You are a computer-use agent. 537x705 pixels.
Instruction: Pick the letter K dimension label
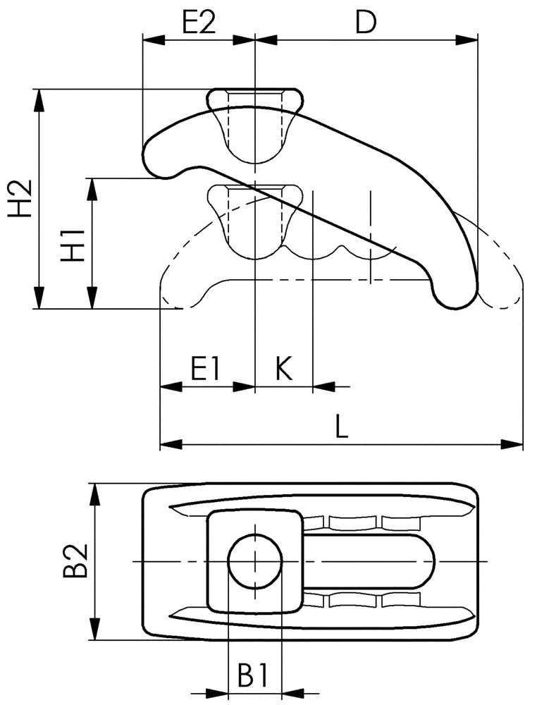pos(283,369)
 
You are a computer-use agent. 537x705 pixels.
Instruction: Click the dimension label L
pos(342,427)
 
